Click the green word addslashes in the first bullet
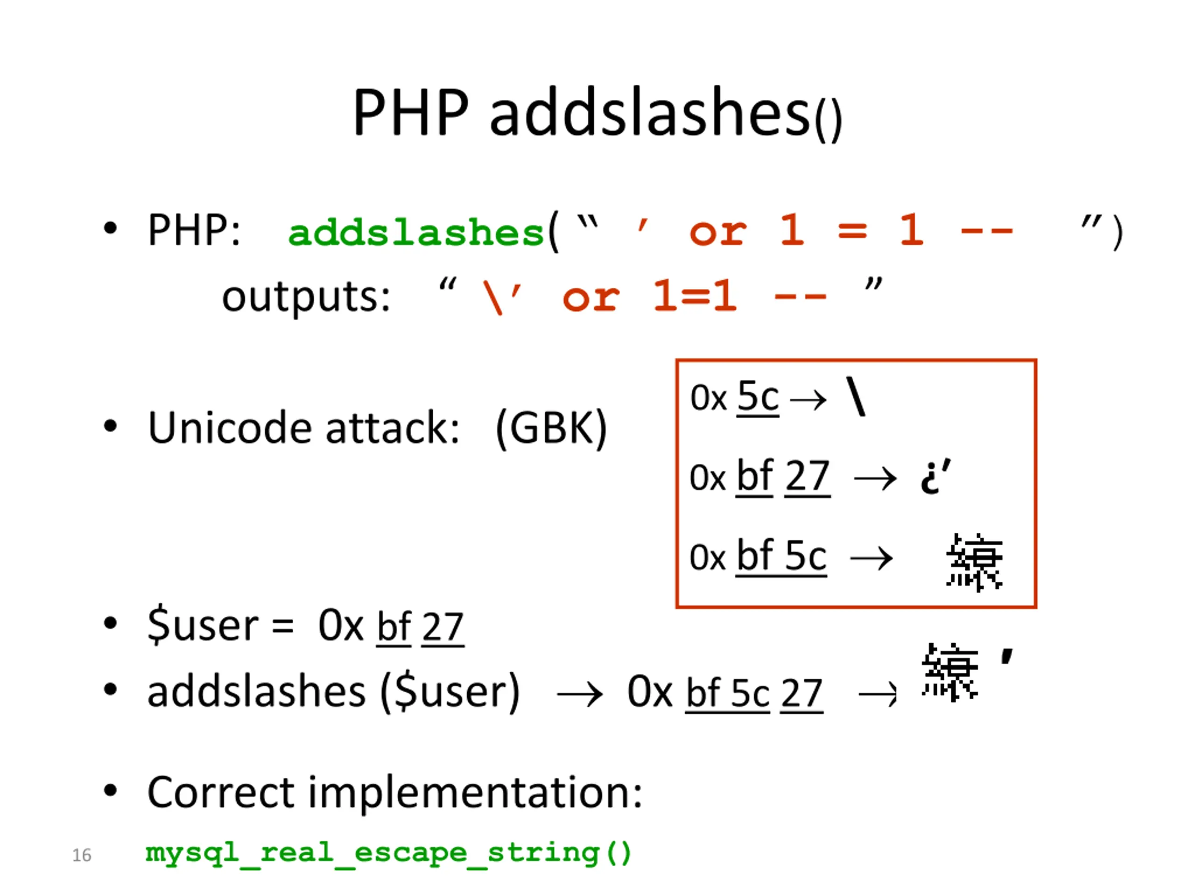415,232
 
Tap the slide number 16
82,855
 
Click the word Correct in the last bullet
221,792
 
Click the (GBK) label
551,428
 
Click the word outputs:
306,296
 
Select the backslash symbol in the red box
856,397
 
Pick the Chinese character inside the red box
974,562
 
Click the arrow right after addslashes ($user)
580,694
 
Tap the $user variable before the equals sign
203,625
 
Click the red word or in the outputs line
590,297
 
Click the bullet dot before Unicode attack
110,427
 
